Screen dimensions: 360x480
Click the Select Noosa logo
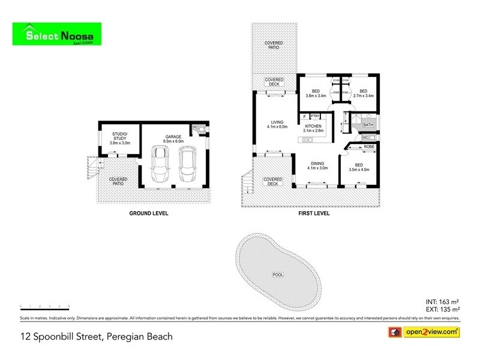click(x=57, y=35)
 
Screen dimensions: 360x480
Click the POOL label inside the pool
click(x=278, y=274)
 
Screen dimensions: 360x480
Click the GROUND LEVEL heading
click(x=149, y=213)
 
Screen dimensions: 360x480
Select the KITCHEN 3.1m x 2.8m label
click(x=314, y=128)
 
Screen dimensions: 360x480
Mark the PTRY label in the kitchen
click(x=315, y=116)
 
